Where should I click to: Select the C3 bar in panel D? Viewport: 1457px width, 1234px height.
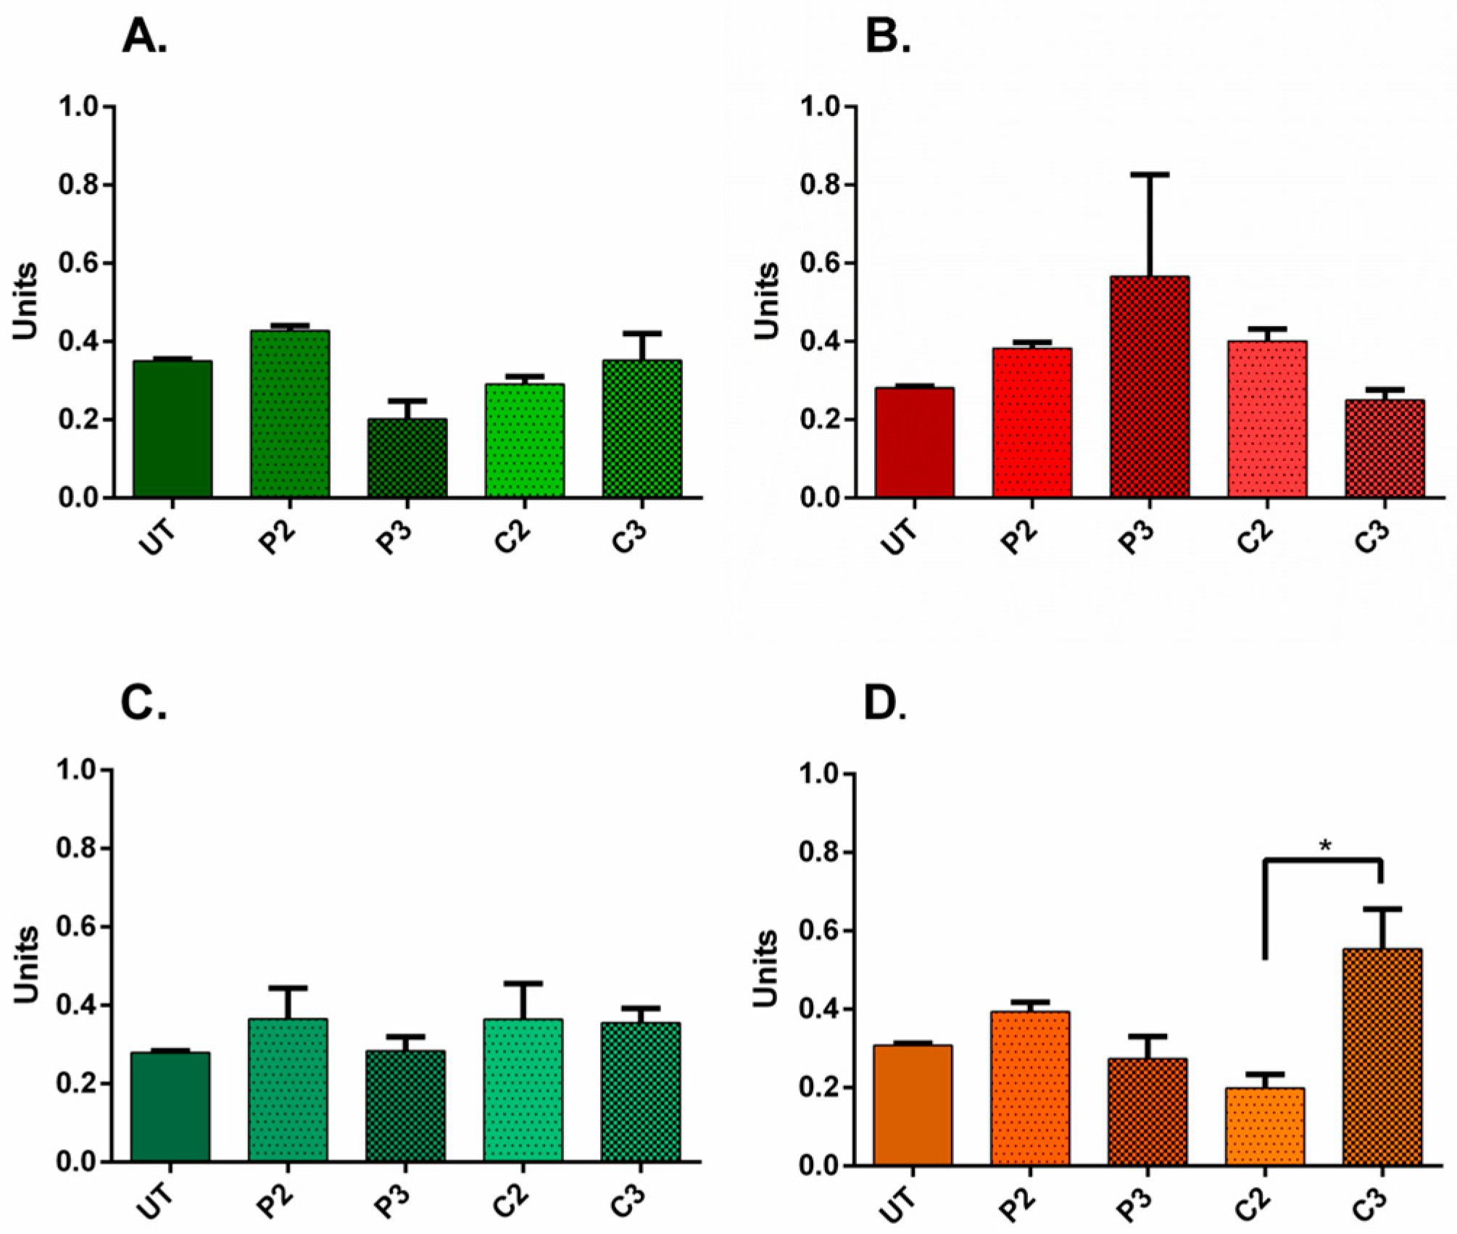pyautogui.click(x=1382, y=1057)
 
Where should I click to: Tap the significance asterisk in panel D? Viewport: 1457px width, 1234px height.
pyautogui.click(x=1325, y=846)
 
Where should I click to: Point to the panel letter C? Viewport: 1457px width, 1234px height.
pyautogui.click(x=144, y=701)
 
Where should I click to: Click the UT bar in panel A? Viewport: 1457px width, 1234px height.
pyautogui.click(x=173, y=429)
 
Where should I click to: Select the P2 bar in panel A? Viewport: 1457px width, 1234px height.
pyautogui.click(x=290, y=414)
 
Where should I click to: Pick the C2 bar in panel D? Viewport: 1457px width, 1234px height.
pyautogui.click(x=1265, y=1127)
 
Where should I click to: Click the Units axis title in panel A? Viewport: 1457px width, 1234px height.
pyautogui.click(x=26, y=302)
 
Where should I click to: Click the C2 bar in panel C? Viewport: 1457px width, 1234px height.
pyautogui.click(x=523, y=1090)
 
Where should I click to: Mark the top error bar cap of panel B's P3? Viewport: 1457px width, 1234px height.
pyautogui.click(x=1149, y=175)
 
